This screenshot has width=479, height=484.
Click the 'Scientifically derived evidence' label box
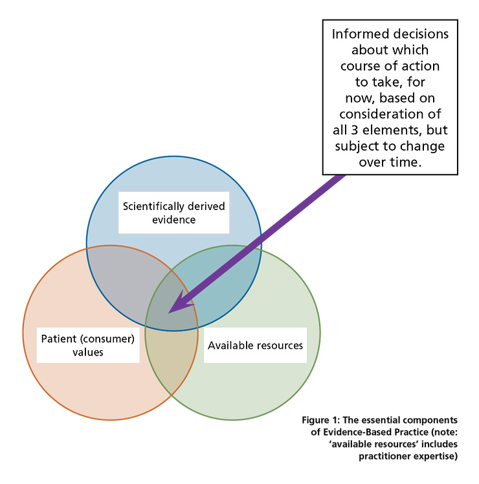pos(173,213)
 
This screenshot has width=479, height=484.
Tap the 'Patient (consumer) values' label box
pos(89,345)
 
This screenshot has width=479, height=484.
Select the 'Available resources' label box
pos(255,345)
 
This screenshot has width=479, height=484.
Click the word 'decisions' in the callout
pos(420,34)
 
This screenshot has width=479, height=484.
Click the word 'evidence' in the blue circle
pos(173,220)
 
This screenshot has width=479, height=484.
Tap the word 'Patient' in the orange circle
pos(60,339)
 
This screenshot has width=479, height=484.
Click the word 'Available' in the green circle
pos(228,345)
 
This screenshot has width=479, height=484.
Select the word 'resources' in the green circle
pos(278,345)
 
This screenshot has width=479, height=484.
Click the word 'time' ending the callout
pos(406,162)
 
